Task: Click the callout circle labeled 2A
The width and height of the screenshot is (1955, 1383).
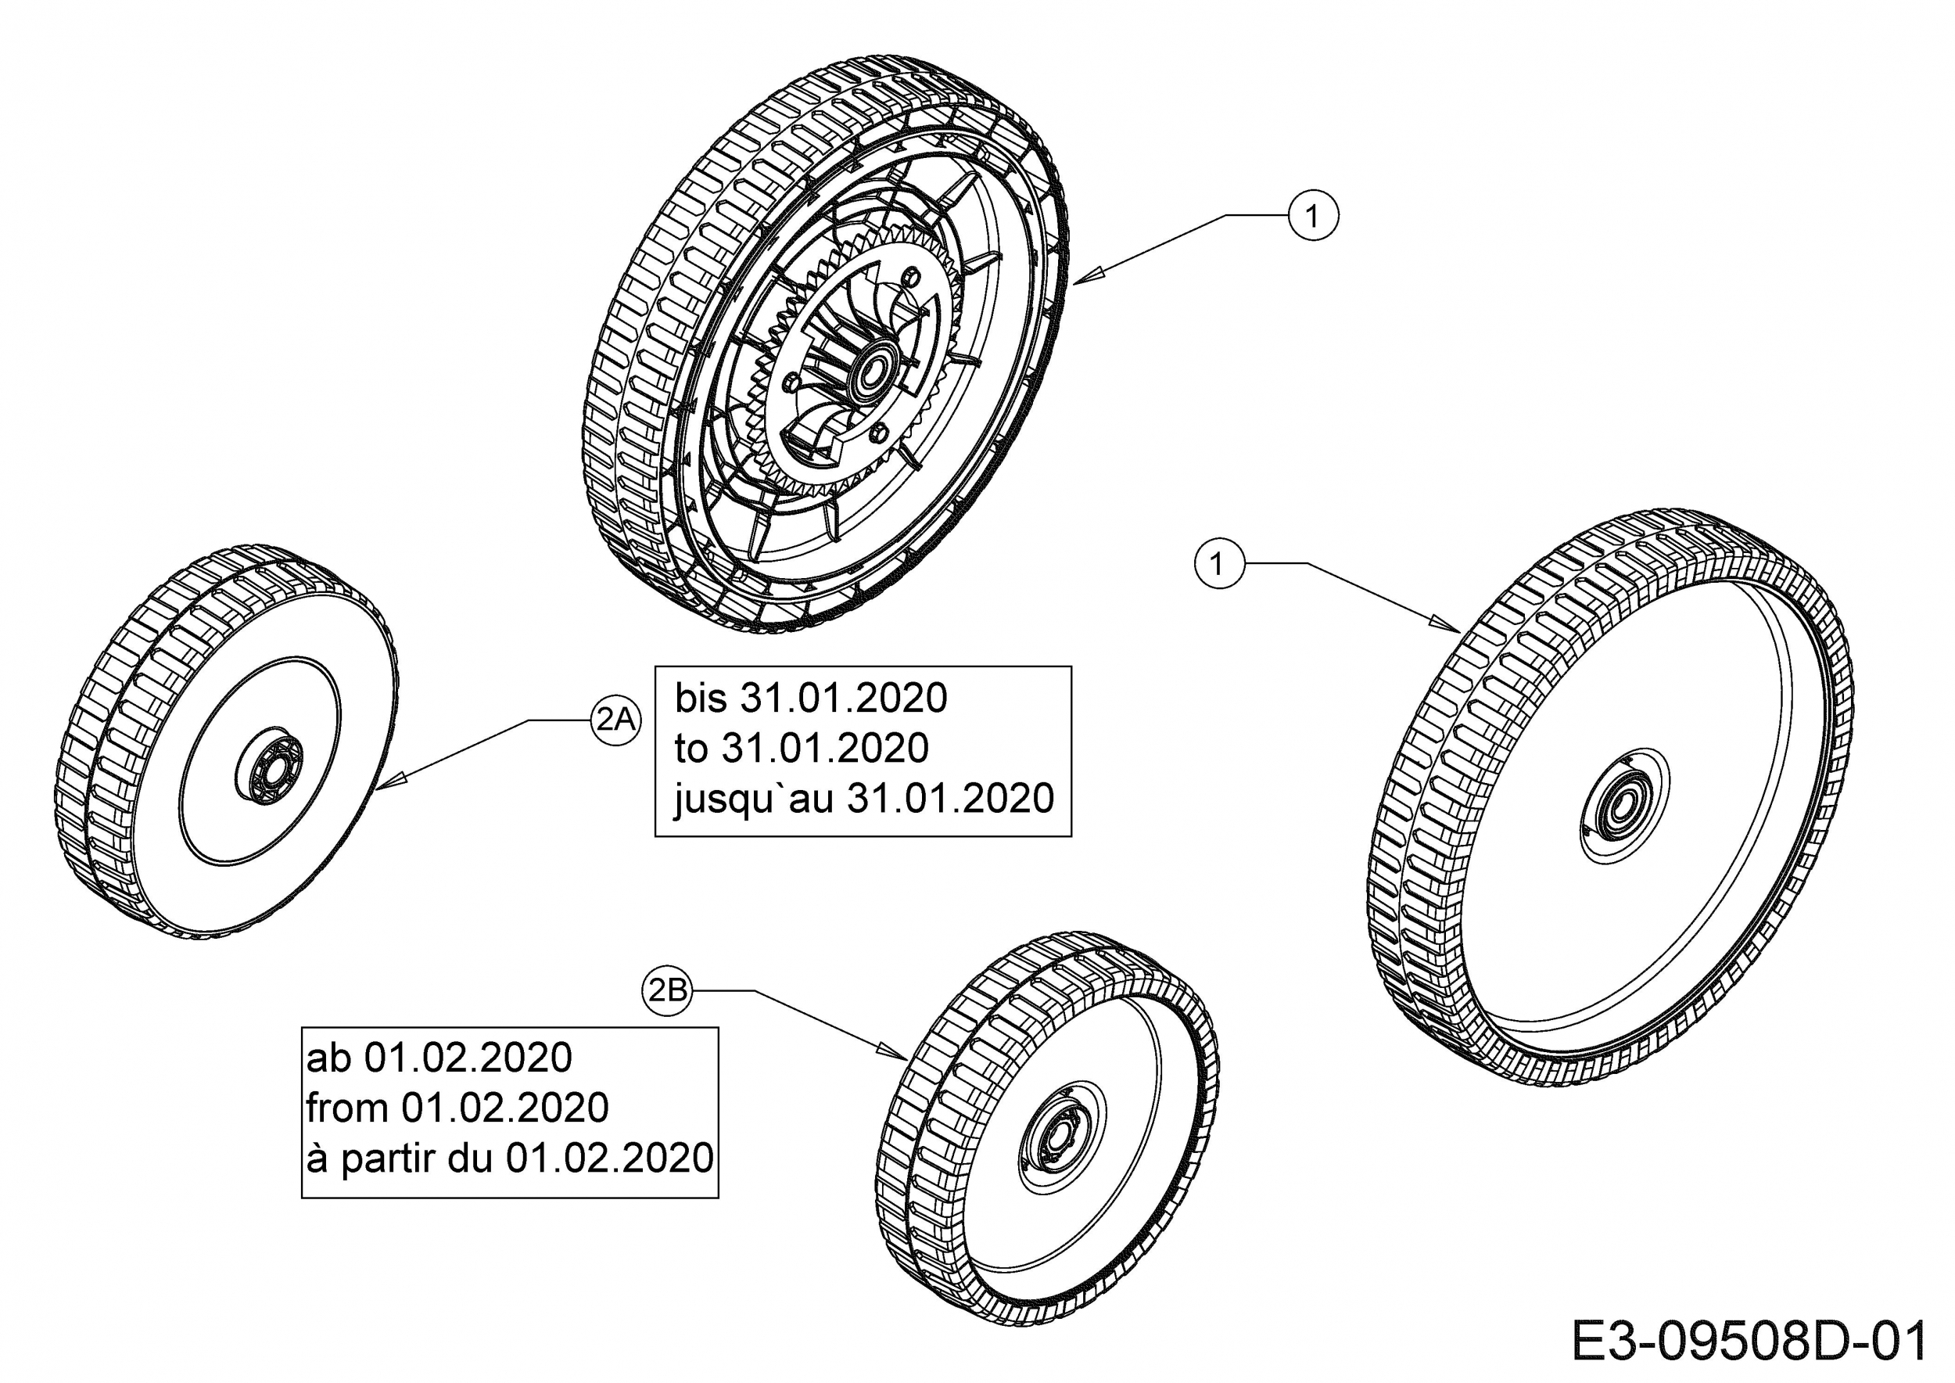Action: (615, 720)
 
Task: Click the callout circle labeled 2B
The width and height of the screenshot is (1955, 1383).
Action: (668, 990)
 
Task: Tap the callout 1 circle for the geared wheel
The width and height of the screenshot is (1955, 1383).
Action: (1313, 217)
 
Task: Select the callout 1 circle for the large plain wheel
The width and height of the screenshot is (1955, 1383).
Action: (1219, 564)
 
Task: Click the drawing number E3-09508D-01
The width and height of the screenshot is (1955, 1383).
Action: (1749, 1342)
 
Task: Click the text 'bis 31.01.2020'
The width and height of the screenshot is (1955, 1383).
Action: (811, 699)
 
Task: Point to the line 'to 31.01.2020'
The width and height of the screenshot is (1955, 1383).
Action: (802, 749)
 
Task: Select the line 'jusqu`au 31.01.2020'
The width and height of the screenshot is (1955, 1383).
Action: (863, 799)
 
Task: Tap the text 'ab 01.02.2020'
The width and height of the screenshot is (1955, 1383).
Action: (439, 1058)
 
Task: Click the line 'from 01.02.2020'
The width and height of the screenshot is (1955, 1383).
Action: (457, 1108)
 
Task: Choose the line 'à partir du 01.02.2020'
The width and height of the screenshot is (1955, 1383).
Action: (509, 1158)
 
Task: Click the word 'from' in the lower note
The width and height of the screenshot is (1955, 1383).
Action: (346, 1108)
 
